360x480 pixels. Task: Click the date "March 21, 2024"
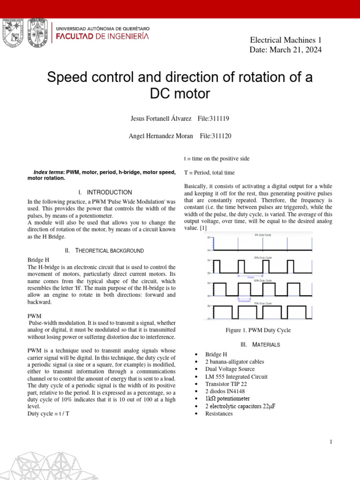point(296,50)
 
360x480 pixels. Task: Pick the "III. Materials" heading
point(260,345)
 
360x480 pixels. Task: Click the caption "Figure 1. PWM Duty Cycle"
point(258,330)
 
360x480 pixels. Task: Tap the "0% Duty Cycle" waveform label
point(263,235)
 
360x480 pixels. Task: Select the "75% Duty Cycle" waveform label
point(263,304)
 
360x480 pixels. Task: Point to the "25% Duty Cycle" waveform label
point(263,257)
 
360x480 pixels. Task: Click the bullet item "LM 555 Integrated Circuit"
point(236,376)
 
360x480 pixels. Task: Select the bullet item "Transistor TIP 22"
point(226,384)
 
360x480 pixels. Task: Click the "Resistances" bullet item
point(218,414)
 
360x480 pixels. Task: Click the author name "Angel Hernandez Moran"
point(161,136)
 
